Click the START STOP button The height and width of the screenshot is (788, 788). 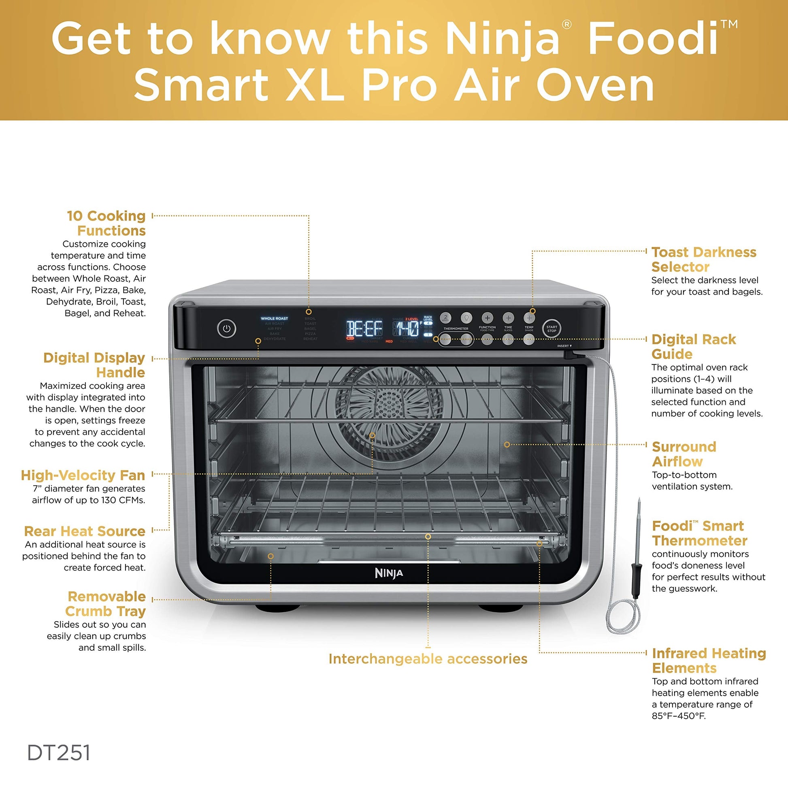(x=552, y=329)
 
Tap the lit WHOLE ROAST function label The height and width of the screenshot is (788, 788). (x=274, y=319)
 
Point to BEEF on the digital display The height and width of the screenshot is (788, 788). (x=364, y=329)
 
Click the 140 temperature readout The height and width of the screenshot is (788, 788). (x=407, y=329)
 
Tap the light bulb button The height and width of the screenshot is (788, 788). (x=466, y=317)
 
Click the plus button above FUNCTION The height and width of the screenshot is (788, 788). (x=487, y=318)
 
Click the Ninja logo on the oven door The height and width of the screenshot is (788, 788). (x=389, y=573)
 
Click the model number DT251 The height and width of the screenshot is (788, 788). (x=59, y=753)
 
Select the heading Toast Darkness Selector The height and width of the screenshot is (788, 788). (x=704, y=260)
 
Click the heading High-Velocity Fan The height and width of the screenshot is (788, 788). (x=83, y=475)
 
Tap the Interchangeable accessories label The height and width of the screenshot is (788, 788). (x=428, y=659)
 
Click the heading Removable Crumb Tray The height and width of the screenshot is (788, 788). (x=106, y=604)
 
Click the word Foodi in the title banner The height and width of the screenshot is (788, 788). (x=653, y=39)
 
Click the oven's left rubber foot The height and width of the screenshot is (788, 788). (x=276, y=608)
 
